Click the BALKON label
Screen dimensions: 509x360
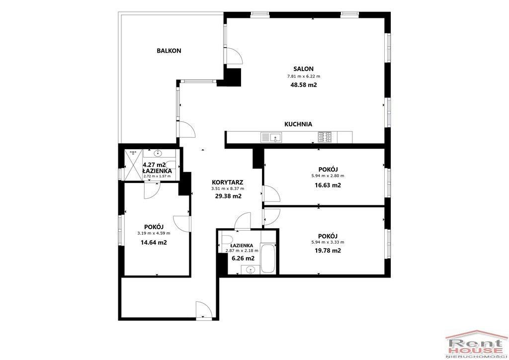pos(169,51)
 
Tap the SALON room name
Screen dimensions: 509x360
pos(304,69)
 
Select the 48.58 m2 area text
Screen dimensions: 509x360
pos(304,85)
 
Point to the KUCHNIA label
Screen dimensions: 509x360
pos(298,124)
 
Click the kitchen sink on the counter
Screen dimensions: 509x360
pos(271,137)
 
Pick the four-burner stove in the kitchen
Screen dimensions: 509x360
pos(325,137)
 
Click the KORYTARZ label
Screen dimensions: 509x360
pos(228,182)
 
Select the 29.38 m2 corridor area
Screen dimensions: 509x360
pos(228,196)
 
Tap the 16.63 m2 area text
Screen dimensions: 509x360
pos(328,185)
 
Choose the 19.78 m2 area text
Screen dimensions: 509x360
pos(328,251)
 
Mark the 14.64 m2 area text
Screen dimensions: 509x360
pos(154,242)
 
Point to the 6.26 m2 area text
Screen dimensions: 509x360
pos(243,259)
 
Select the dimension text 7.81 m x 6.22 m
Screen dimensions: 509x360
pos(304,77)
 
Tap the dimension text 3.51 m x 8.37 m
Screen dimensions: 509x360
pos(228,188)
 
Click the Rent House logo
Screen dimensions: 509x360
pos(477,345)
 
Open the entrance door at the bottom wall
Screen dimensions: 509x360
pos(204,310)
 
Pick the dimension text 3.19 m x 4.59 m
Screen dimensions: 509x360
pos(154,233)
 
